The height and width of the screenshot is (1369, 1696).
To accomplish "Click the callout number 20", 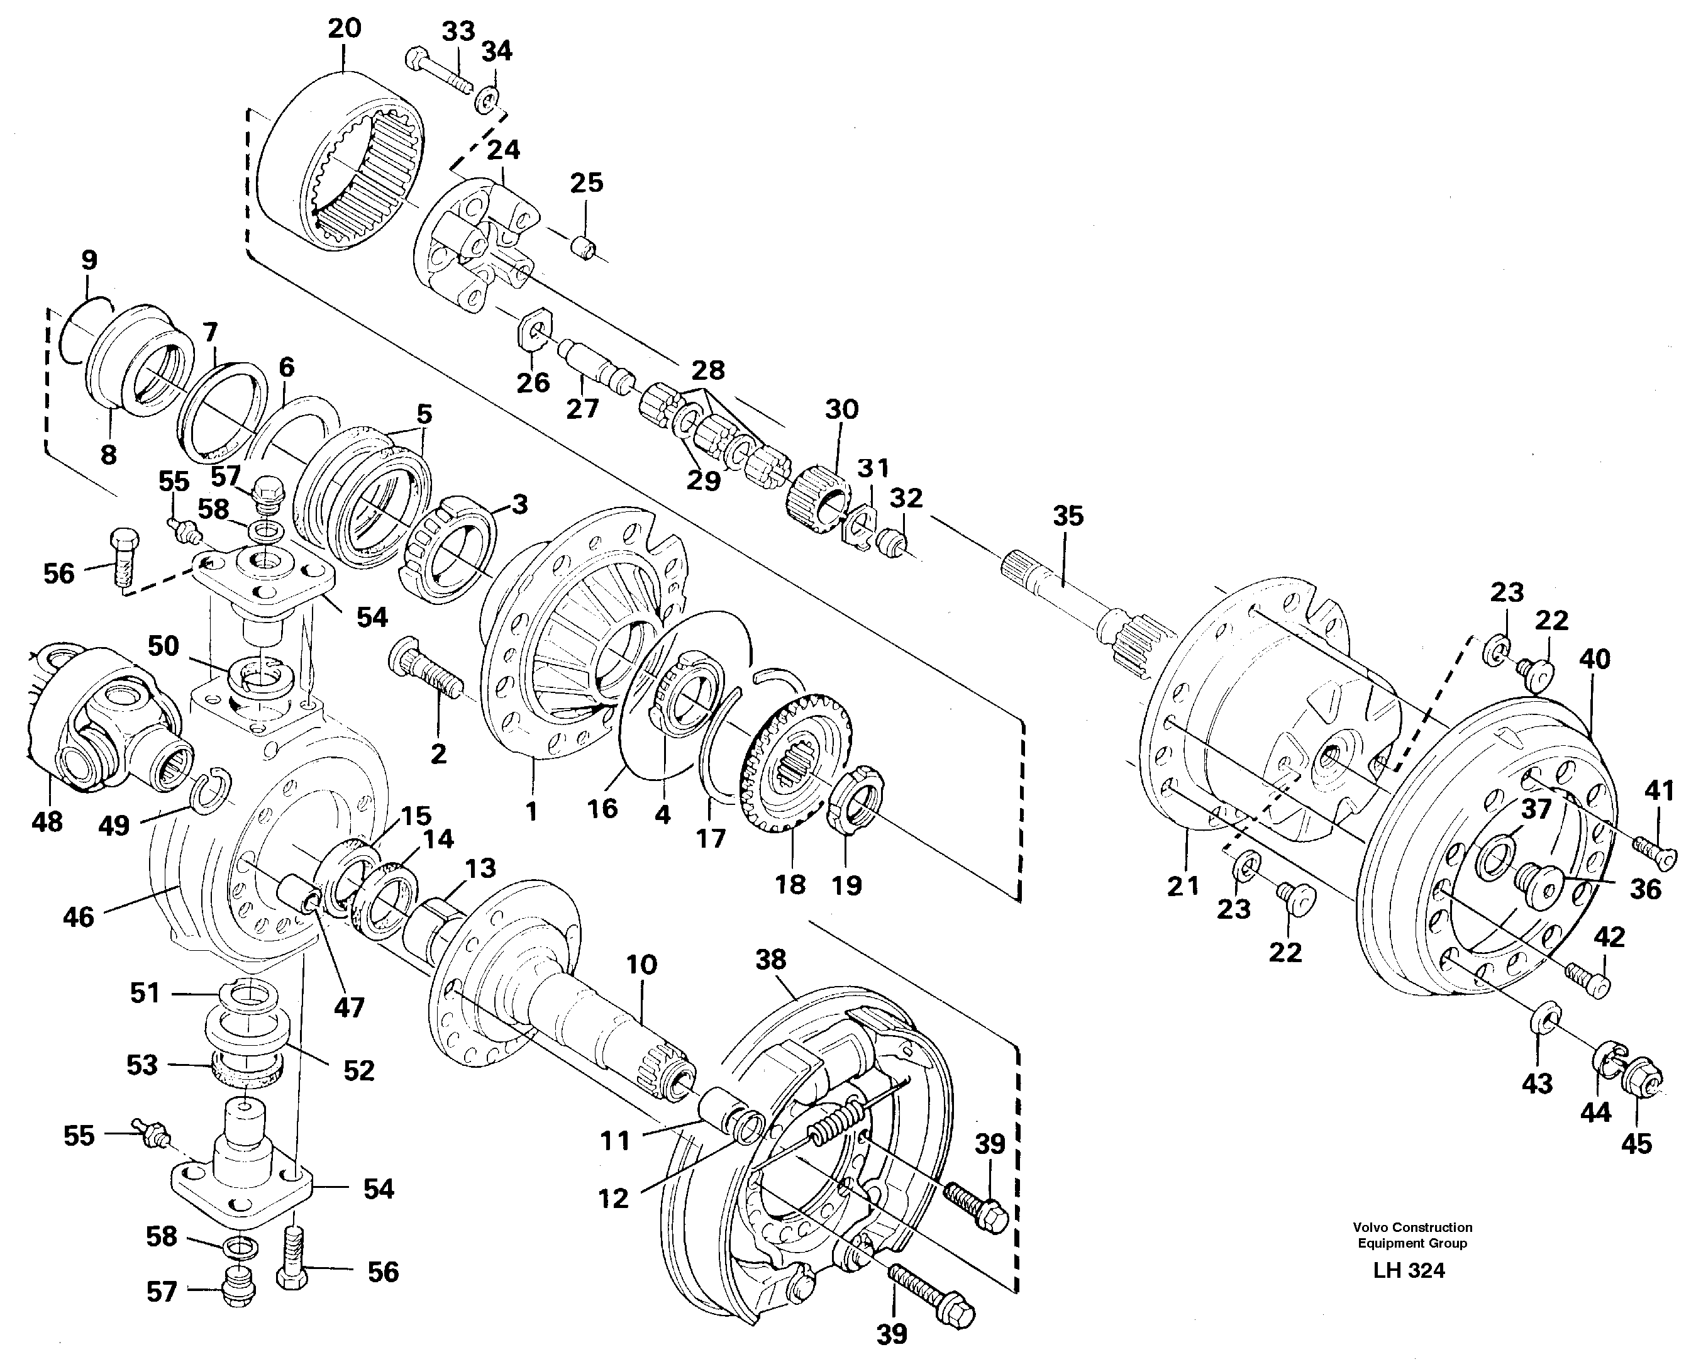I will point(345,28).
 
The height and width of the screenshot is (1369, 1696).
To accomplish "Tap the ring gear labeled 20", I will point(341,162).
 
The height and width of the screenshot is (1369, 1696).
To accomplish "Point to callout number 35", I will point(1068,516).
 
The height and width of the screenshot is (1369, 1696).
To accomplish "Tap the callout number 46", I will point(78,917).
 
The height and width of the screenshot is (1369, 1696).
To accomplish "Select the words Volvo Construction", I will point(1412,1227).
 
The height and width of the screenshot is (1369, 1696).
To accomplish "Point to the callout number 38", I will point(770,960).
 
